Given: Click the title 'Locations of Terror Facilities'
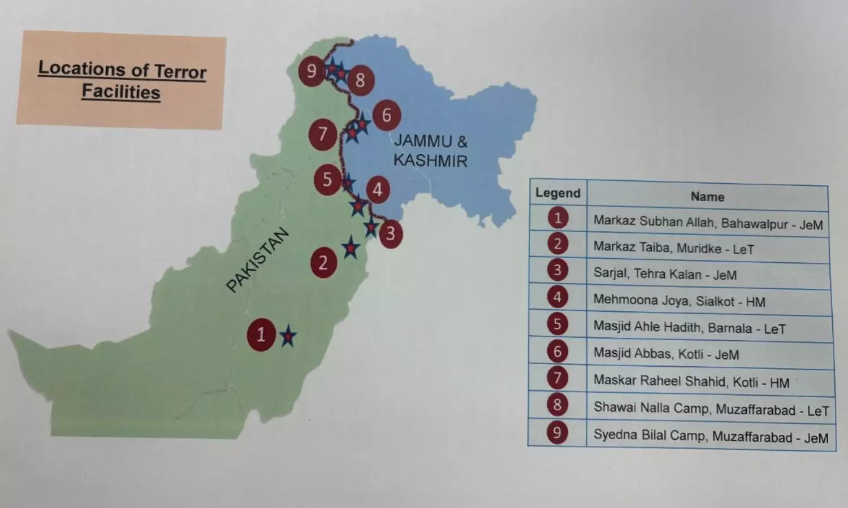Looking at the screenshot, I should point(122,80).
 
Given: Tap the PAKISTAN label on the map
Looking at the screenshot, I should point(257,260).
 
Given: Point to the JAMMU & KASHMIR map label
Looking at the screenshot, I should point(430,151).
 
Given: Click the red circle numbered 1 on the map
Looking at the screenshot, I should point(261,335).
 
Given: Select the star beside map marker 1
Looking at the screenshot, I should point(288,337).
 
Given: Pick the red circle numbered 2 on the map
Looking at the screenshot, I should point(323,263).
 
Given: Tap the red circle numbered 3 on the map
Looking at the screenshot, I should point(390,233).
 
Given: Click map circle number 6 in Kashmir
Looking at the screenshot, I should point(387,115).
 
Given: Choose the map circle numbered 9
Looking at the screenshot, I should point(311,71).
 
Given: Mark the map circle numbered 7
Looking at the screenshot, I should point(323,134).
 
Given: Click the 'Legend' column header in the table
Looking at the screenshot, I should point(557,193).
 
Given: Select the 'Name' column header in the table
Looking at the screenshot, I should point(707,197).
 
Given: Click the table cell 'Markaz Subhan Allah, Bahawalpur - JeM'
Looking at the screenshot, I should point(708,223).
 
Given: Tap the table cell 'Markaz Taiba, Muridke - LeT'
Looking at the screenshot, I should point(673,248).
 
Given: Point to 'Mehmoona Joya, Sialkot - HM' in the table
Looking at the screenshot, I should point(679,301).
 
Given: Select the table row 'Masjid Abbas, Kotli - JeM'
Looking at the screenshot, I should point(666,354).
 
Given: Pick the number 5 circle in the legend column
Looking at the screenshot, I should point(557,324).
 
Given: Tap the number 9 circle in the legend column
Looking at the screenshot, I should point(557,433).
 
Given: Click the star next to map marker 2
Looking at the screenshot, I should point(351,248).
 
